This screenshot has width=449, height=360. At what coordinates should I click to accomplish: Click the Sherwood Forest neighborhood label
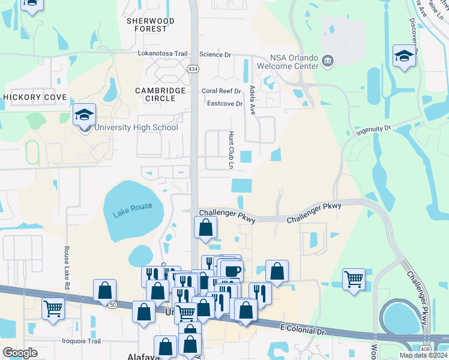151,25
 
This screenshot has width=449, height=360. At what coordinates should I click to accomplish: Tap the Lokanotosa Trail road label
163,53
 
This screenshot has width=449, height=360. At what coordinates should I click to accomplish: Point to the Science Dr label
215,55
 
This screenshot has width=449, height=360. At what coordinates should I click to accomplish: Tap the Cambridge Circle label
160,95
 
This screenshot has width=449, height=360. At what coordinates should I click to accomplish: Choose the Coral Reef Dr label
221,91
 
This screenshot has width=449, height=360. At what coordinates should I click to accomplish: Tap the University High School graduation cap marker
84,114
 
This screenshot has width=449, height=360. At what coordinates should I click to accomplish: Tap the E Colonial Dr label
303,329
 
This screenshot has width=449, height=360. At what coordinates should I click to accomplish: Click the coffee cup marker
231,269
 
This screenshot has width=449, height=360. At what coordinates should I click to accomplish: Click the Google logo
19,353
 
